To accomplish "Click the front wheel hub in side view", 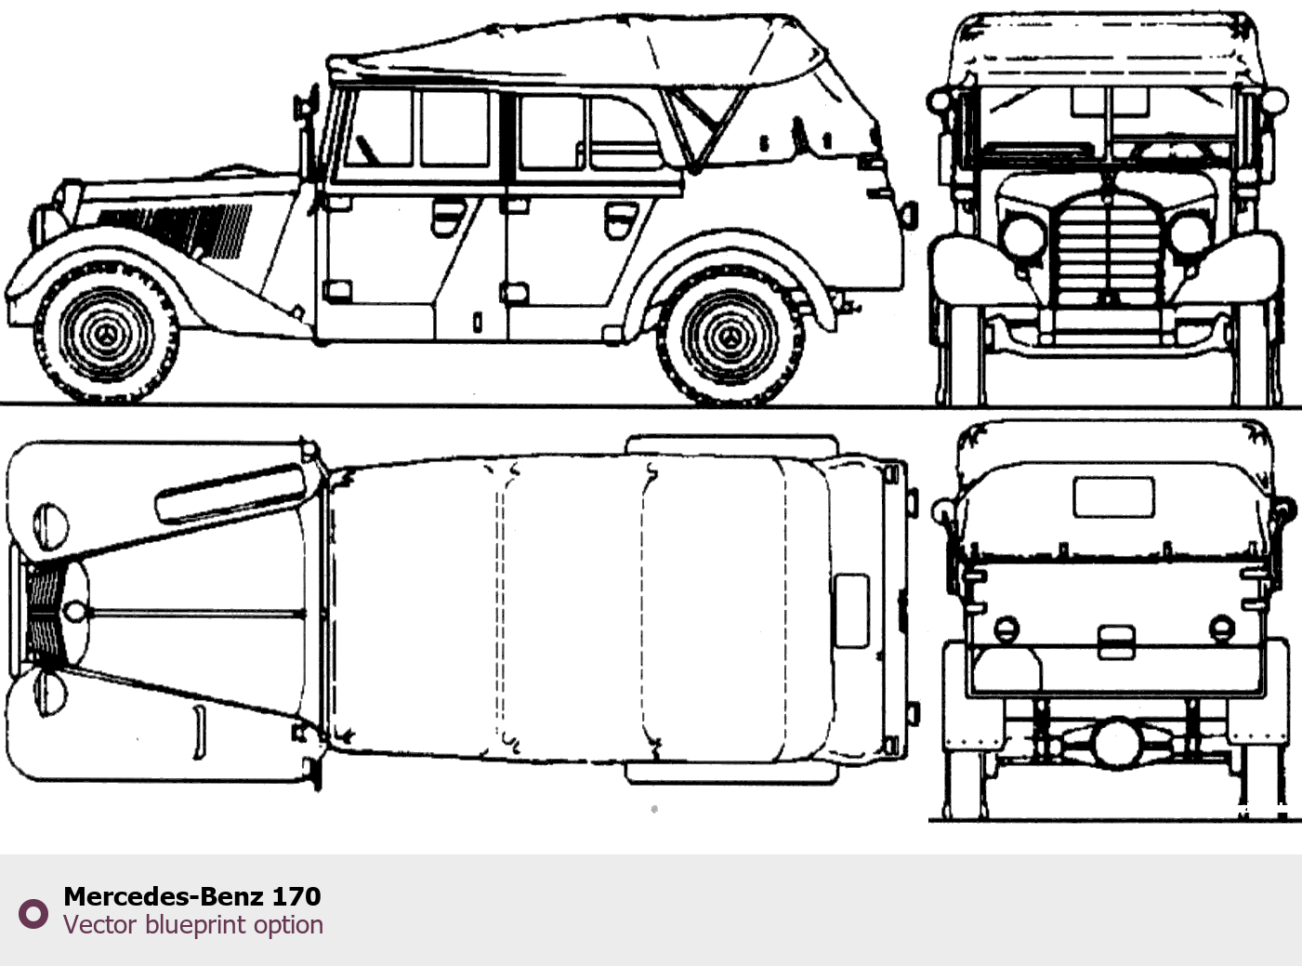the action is (106, 335).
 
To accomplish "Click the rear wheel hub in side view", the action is (730, 337).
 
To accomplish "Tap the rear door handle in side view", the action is (621, 219).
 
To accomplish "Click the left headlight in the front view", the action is (1024, 237).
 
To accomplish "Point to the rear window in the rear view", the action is (1113, 497).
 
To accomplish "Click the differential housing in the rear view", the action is (1117, 745).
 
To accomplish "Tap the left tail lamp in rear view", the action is (1006, 629).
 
